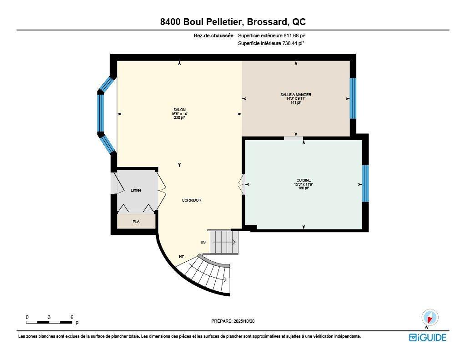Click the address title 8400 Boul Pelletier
pos(233,22)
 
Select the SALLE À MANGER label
pos(295,95)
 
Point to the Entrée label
pos(136,190)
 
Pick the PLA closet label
pos(136,222)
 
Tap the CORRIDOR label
pos(191,200)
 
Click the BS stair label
pos(203,242)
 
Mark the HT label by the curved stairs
pos(181,257)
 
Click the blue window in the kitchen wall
pos(365,183)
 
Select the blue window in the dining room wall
pos(353,98)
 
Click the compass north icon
pos(430,317)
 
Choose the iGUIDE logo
pos(427,337)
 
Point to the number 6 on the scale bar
pos(71,317)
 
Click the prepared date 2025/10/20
pos(248,321)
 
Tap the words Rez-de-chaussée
pos(213,35)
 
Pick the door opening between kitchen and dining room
pos(294,138)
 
